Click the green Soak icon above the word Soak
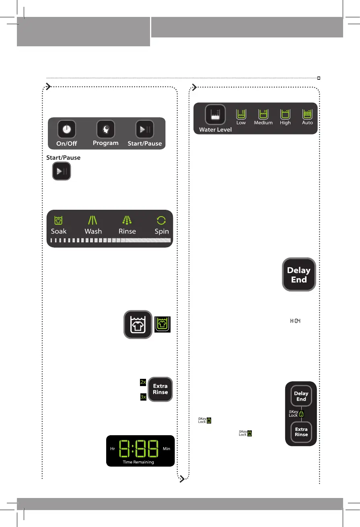click(59, 220)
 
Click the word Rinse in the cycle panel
click(127, 231)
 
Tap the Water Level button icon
click(215, 115)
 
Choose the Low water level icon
click(241, 114)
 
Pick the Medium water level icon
click(263, 114)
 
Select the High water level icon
click(285, 114)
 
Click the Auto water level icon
click(307, 114)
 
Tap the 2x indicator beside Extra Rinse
click(142, 382)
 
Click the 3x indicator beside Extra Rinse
click(142, 397)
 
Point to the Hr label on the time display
click(113, 448)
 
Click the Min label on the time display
click(167, 448)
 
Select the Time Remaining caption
click(138, 462)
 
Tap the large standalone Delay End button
click(299, 275)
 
